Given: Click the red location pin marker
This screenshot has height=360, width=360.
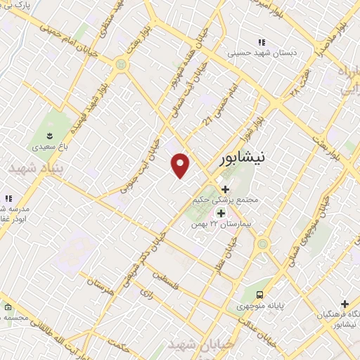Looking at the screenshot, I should tap(181, 165).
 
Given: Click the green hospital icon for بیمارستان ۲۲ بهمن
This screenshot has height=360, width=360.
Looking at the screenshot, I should tap(221, 213).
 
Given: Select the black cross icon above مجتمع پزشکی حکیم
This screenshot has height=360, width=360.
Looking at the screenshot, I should tap(225, 188).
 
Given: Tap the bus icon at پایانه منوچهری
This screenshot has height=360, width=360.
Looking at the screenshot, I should tap(260, 295).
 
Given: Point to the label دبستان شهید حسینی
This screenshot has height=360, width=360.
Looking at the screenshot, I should tap(262, 53).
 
